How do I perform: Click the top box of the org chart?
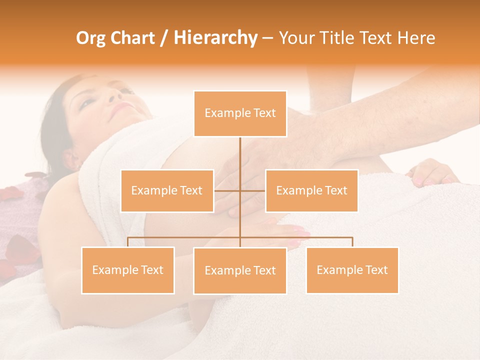240,113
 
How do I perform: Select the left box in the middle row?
167,190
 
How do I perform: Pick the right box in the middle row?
311,190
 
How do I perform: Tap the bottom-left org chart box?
128,270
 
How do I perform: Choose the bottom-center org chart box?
240,270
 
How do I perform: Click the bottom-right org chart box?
352,270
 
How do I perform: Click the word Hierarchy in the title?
215,38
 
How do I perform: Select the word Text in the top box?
264,113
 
